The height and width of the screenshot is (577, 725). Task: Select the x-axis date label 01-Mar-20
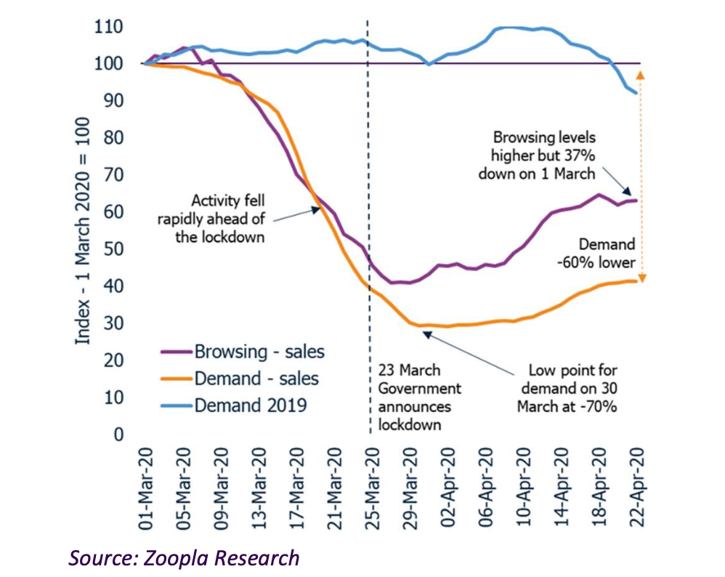(147, 483)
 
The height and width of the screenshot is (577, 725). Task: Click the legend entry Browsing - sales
(259, 352)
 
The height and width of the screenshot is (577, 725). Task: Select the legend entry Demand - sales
(256, 379)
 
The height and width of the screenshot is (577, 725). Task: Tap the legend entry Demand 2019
(250, 405)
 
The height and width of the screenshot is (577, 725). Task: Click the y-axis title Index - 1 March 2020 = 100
(84, 230)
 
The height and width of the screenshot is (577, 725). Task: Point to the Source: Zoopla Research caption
(184, 557)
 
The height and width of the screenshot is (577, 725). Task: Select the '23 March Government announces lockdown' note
(420, 398)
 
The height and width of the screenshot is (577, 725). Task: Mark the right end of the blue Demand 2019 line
(637, 93)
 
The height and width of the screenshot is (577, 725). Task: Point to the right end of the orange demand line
(637, 281)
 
